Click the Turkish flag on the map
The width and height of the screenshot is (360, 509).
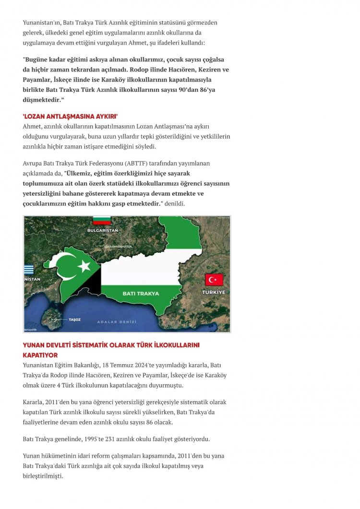[x=214, y=279]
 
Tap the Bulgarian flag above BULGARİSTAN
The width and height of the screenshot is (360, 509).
[x=102, y=221]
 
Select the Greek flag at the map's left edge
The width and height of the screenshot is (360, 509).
[x=29, y=270]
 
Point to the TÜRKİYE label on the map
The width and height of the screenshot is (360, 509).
[x=214, y=292]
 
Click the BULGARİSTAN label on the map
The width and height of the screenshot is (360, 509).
[x=102, y=230]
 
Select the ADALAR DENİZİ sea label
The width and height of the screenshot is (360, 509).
[x=116, y=322]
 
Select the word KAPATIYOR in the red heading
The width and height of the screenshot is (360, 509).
[x=40, y=355]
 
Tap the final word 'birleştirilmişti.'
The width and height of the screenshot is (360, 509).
[x=43, y=476]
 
